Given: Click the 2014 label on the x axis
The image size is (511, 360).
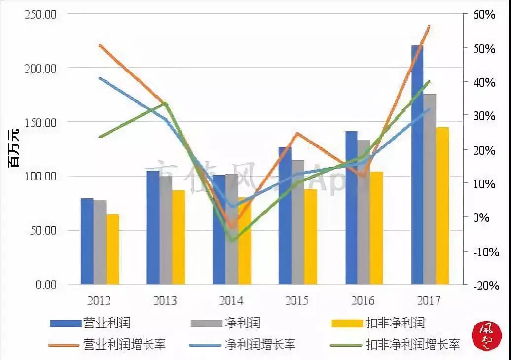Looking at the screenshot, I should pyautogui.click(x=231, y=300).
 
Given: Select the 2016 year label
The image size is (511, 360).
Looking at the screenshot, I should pyautogui.click(x=363, y=300).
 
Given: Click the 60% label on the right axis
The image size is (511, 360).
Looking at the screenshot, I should pyautogui.click(x=484, y=15).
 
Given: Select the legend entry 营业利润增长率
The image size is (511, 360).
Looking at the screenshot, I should pyautogui.click(x=124, y=344).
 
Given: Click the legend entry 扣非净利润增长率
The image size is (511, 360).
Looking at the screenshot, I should pyautogui.click(x=412, y=344).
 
